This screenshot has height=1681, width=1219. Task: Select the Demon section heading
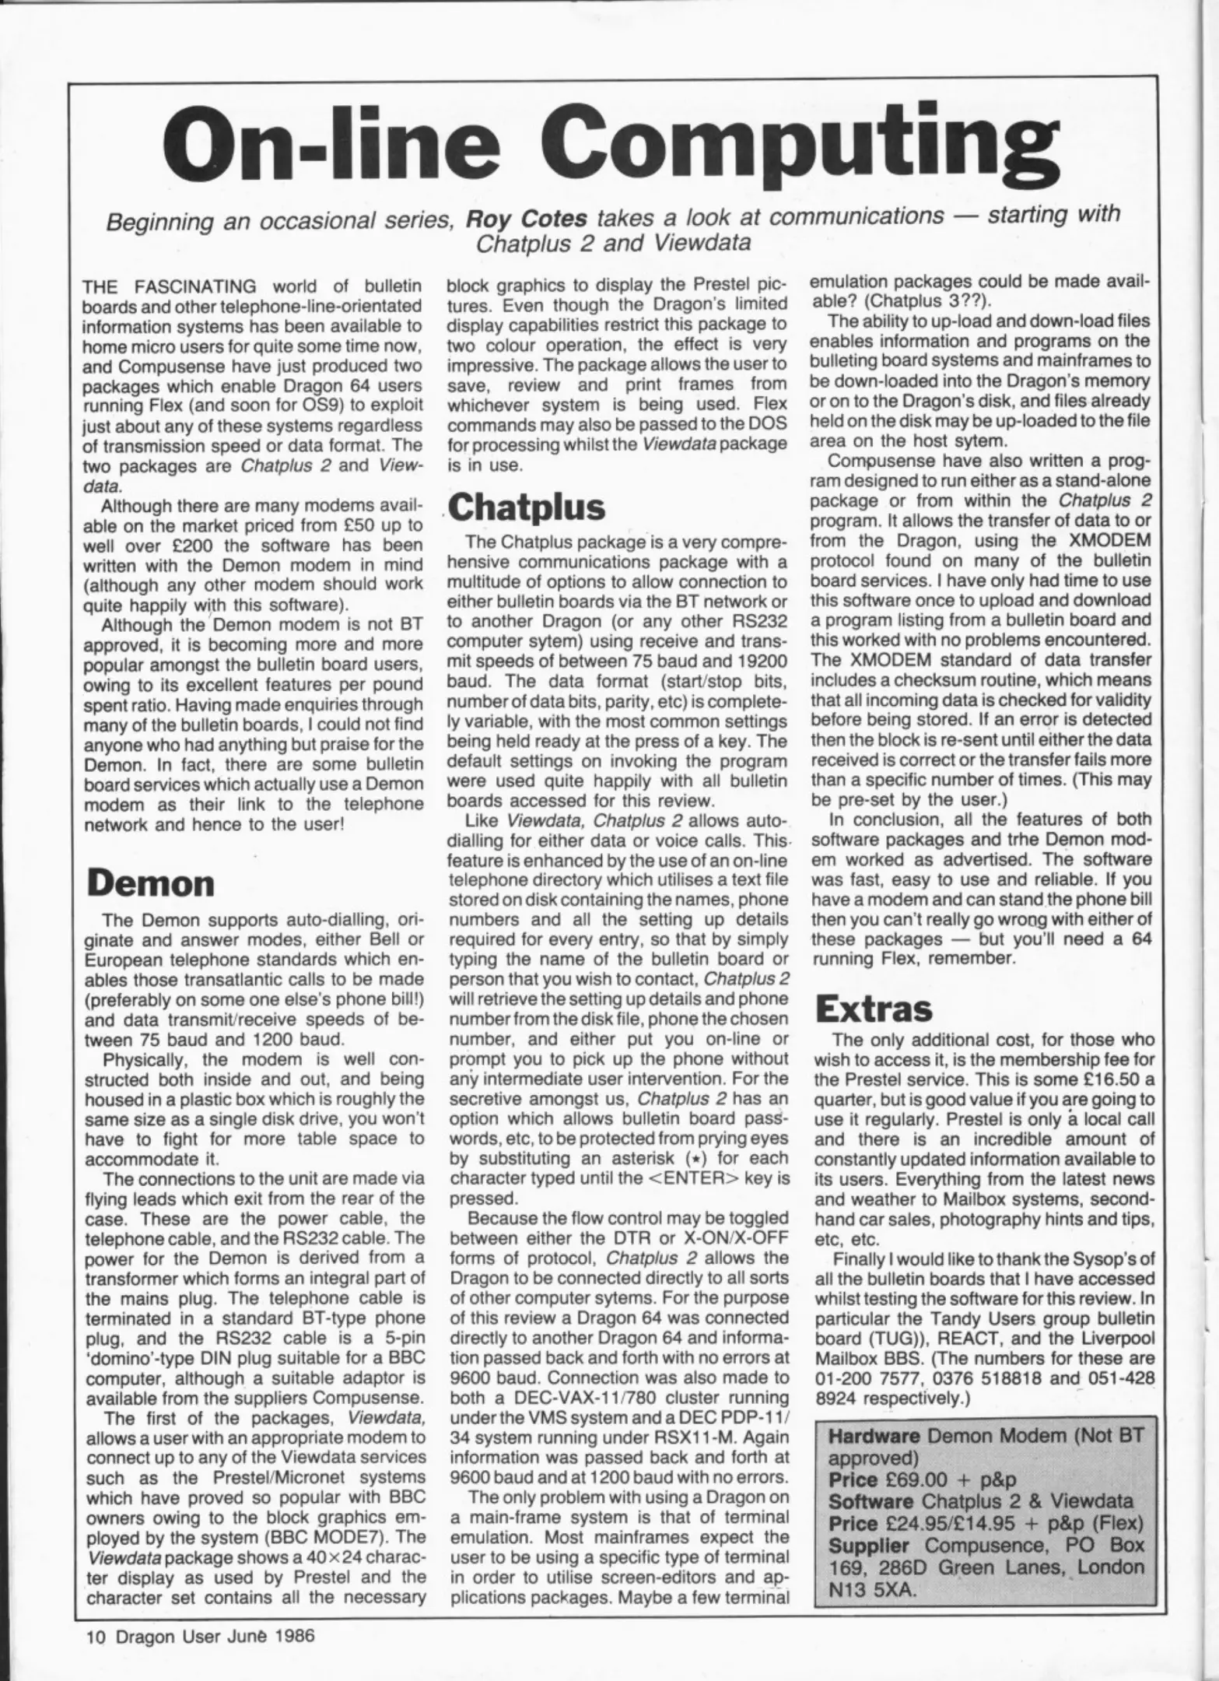click(150, 883)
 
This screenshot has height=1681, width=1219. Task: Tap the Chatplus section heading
click(527, 507)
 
